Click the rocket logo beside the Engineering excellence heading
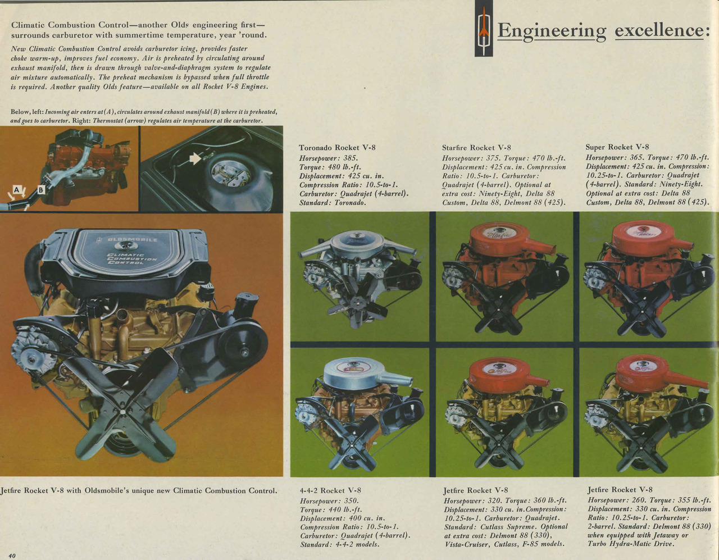pyautogui.click(x=484, y=29)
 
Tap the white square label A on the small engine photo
pyautogui.click(x=16, y=190)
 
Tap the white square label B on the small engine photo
pyautogui.click(x=40, y=190)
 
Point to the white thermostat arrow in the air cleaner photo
pyautogui.click(x=195, y=158)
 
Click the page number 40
pyautogui.click(x=12, y=555)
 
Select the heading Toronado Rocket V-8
pyautogui.click(x=337, y=148)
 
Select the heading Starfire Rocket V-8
pyautogui.click(x=476, y=148)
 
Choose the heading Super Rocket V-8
pyautogui.click(x=617, y=147)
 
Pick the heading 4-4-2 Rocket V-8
pyautogui.click(x=330, y=490)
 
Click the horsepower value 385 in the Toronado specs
pyautogui.click(x=350, y=158)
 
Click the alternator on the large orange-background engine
pyautogui.click(x=33, y=358)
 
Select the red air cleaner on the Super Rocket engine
pyautogui.click(x=645, y=240)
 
